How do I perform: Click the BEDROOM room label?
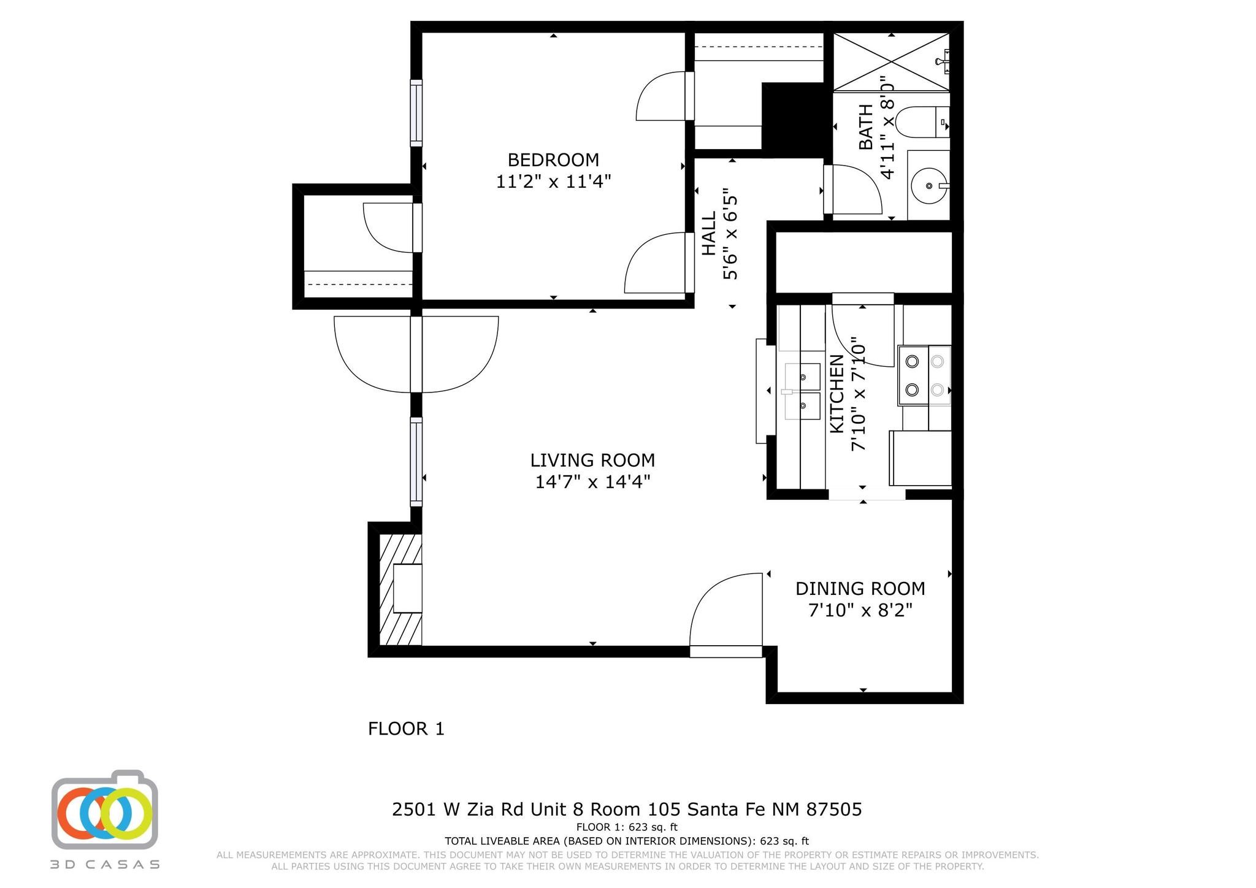[553, 160]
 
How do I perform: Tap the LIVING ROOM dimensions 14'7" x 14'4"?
[592, 482]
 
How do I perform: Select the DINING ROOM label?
[860, 589]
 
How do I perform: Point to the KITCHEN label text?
[837, 394]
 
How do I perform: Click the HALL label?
[709, 234]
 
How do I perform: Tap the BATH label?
[866, 127]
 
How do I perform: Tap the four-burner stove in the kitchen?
[924, 375]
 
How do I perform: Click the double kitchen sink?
[803, 391]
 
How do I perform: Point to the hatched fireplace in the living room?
[400, 589]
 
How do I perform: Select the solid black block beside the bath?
[792, 118]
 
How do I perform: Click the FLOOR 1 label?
[406, 729]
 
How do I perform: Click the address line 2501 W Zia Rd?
[627, 810]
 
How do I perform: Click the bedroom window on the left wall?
[416, 113]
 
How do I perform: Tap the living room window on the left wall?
[416, 461]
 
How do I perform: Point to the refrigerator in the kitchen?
[920, 458]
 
